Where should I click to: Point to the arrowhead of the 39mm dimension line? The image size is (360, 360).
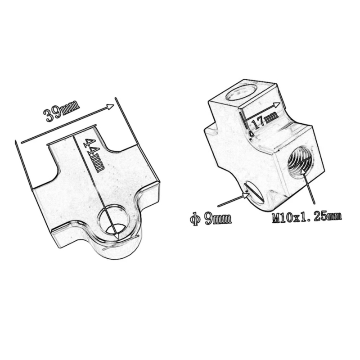(112, 106)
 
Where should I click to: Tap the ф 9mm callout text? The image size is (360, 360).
(211, 219)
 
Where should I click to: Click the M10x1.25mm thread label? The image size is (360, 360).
(306, 217)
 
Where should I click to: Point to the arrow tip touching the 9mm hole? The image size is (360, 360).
(248, 194)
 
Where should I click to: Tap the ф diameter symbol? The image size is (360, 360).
(194, 219)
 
